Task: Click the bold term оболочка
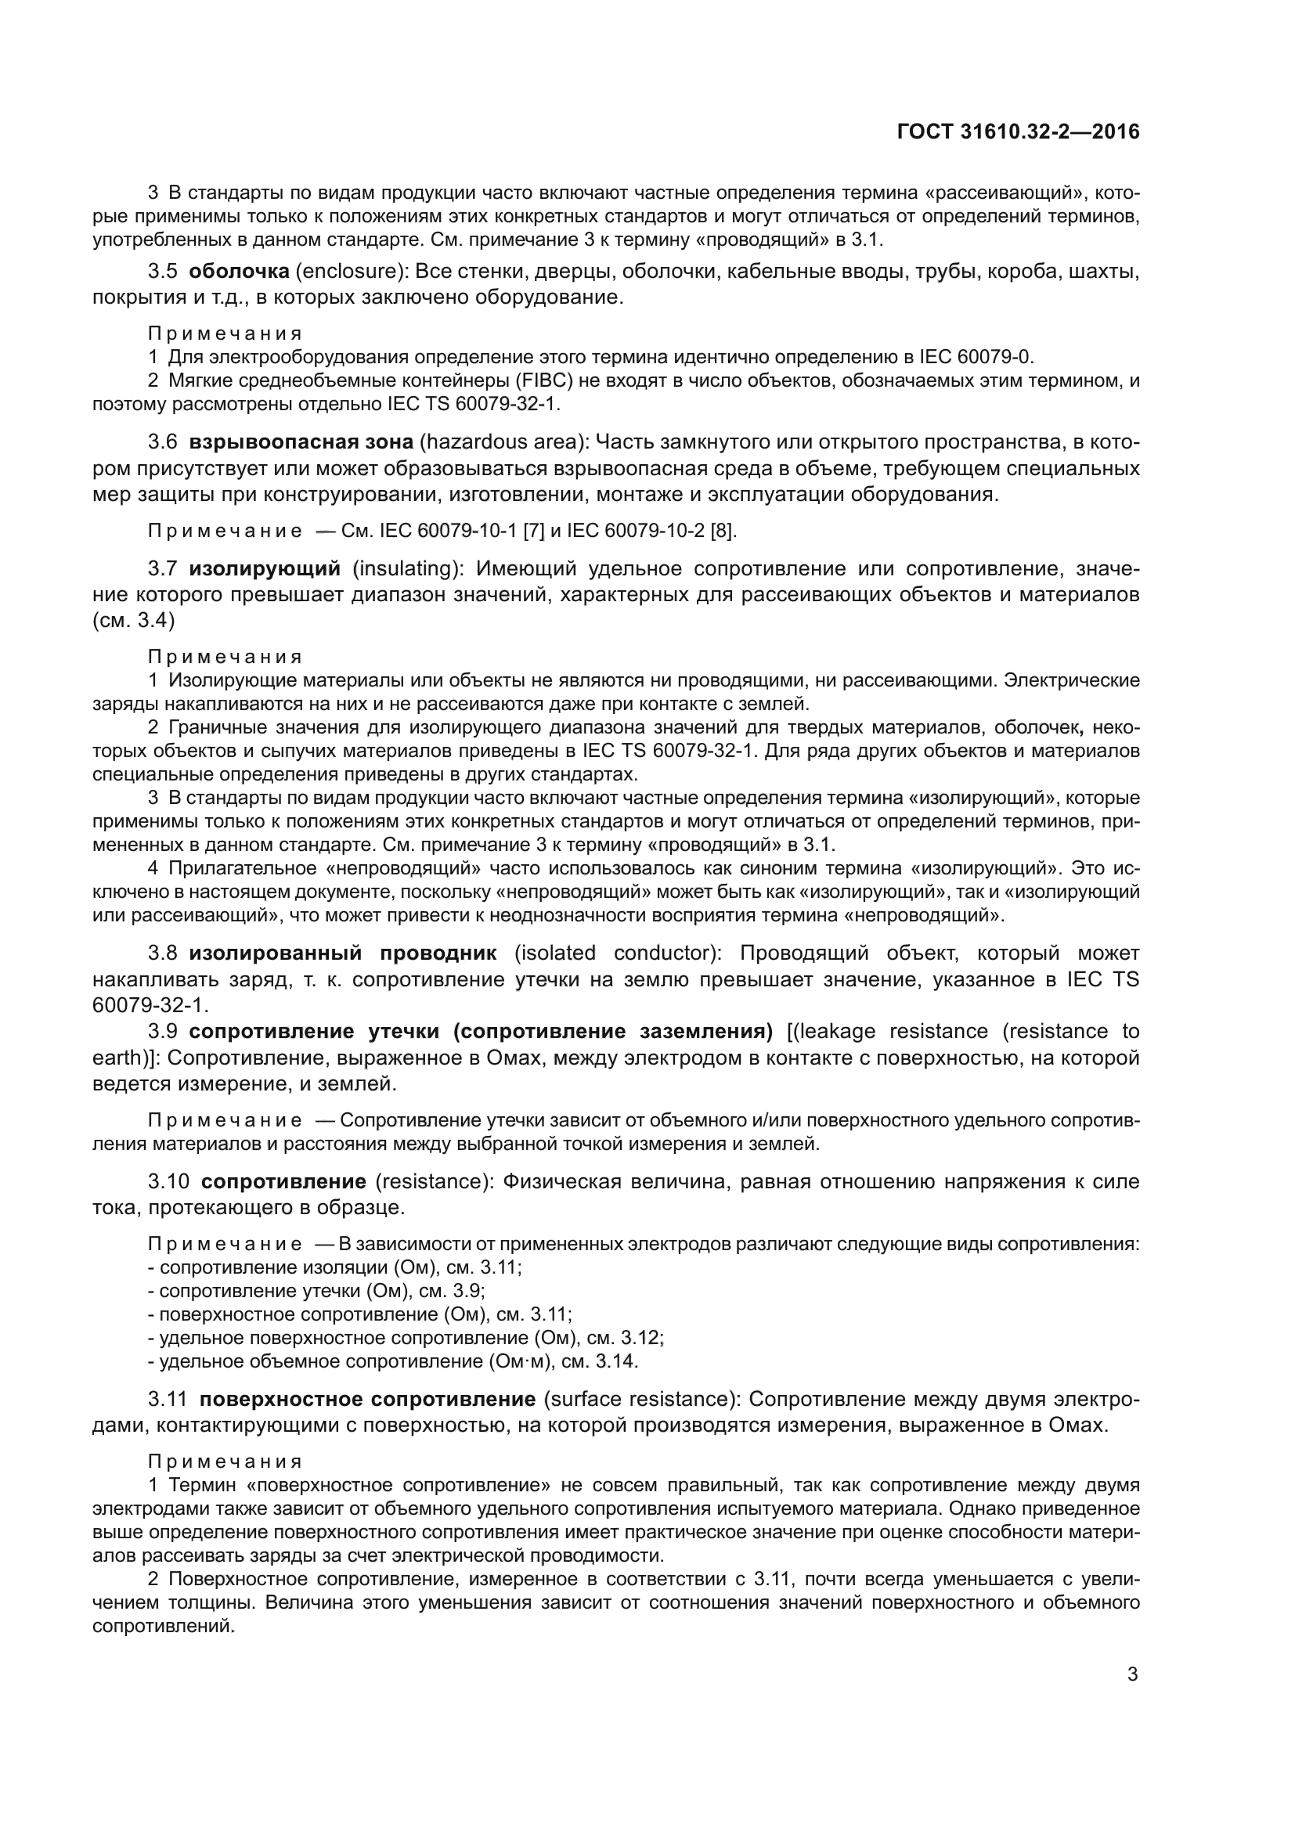click(x=239, y=271)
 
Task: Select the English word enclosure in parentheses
click(x=351, y=271)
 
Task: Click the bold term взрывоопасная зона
click(x=301, y=442)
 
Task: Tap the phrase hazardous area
click(x=501, y=442)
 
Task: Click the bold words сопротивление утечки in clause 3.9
click(x=314, y=1031)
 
